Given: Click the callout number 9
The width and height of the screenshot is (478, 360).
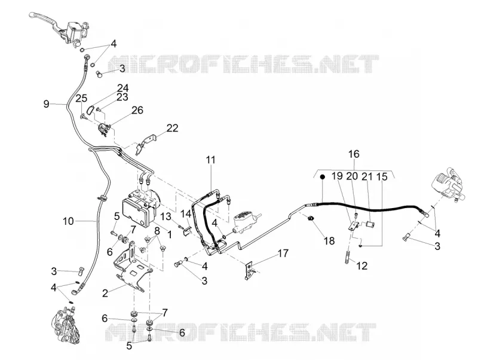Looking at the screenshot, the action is [46, 104].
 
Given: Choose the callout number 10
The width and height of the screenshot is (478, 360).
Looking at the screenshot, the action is [68, 221].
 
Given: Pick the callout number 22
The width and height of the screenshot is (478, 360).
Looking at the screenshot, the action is [172, 128].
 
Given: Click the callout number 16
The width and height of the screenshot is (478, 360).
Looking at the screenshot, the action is [354, 154].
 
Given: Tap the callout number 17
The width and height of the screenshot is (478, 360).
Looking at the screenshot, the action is [283, 253].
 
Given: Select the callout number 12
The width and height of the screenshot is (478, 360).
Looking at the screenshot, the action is [362, 266].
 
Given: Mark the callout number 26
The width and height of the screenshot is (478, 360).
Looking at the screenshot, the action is [137, 110].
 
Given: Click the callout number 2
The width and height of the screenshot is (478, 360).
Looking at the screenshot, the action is [105, 294].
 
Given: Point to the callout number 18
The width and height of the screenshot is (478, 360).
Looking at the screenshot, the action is [329, 241].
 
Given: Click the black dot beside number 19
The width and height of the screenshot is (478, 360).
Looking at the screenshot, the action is [322, 177].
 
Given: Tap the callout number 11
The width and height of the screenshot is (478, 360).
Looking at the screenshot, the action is [210, 160].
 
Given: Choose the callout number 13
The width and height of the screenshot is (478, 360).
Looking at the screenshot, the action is [166, 216].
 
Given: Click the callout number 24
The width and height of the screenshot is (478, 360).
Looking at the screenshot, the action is [123, 88].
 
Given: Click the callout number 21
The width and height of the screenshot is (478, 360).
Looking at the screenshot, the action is [367, 176].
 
